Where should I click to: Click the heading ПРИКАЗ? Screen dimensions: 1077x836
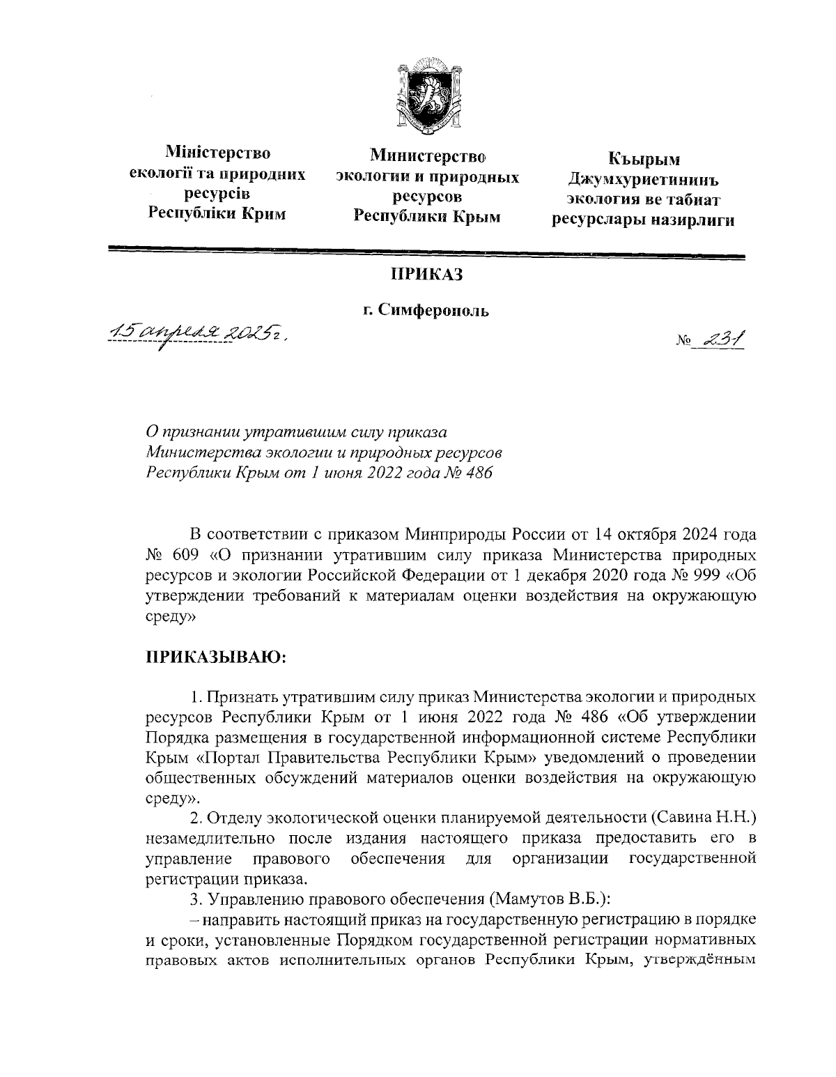pos(426,275)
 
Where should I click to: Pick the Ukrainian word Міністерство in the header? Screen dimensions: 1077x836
pos(217,152)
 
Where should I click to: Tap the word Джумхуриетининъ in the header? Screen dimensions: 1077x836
pos(643,180)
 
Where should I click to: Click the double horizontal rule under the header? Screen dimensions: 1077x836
pos(426,252)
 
